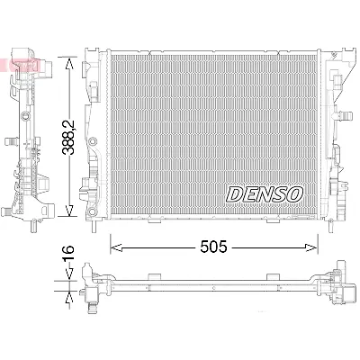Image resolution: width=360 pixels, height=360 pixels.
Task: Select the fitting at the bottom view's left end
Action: (90, 288)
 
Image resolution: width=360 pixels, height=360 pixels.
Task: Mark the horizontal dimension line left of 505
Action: (153, 244)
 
